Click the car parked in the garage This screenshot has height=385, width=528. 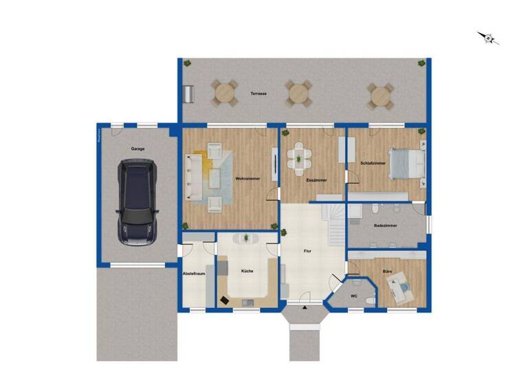pyautogui.click(x=137, y=201)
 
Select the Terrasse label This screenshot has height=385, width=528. pyautogui.click(x=258, y=93)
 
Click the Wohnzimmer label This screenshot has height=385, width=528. pyautogui.click(x=247, y=179)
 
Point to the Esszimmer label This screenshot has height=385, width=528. pyautogui.click(x=316, y=180)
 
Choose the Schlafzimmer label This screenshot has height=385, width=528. pyautogui.click(x=371, y=163)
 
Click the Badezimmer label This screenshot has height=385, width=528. pyautogui.click(x=384, y=225)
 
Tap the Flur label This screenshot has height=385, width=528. pyautogui.click(x=308, y=252)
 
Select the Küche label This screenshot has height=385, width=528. pyautogui.click(x=247, y=271)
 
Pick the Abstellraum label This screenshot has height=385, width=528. pyautogui.click(x=194, y=274)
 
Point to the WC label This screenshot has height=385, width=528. pyautogui.click(x=354, y=296)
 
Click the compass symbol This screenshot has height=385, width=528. pyautogui.click(x=489, y=38)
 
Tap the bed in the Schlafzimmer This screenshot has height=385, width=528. pyautogui.click(x=407, y=164)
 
